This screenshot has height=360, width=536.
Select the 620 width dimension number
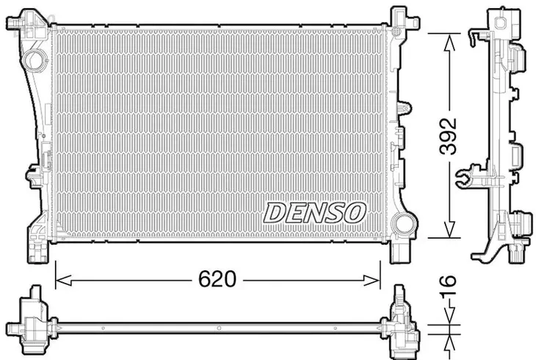click(217, 279)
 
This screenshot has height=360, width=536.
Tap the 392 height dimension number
click(448, 136)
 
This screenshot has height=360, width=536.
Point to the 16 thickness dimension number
click(448, 281)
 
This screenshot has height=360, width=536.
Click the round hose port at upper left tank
click(35, 60)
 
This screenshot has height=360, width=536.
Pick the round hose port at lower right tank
click(404, 223)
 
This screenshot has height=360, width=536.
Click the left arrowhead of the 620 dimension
click(63, 281)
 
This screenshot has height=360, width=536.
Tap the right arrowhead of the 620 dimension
click(372, 281)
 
